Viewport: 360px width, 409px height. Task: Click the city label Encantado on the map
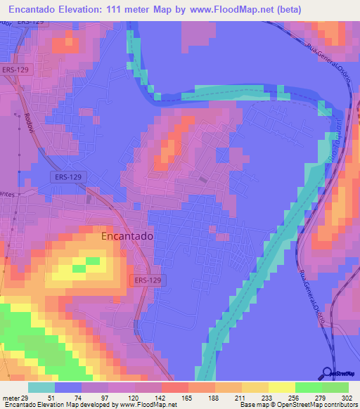coord(127,237)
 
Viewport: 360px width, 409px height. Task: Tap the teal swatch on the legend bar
coord(41,387)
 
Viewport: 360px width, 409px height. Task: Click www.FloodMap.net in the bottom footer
coord(149,405)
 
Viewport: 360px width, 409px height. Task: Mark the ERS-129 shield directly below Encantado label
coord(147,280)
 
